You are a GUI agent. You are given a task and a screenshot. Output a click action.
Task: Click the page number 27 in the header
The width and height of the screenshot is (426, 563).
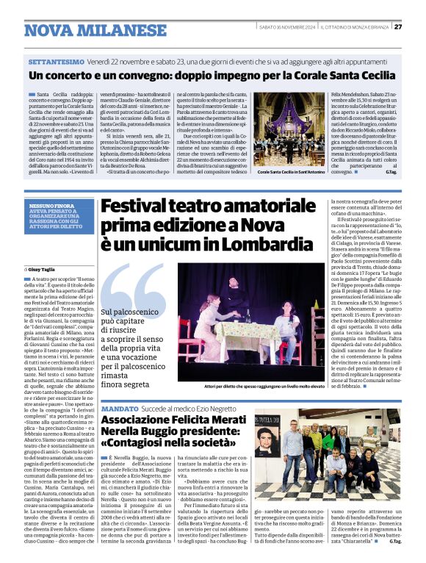398,26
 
